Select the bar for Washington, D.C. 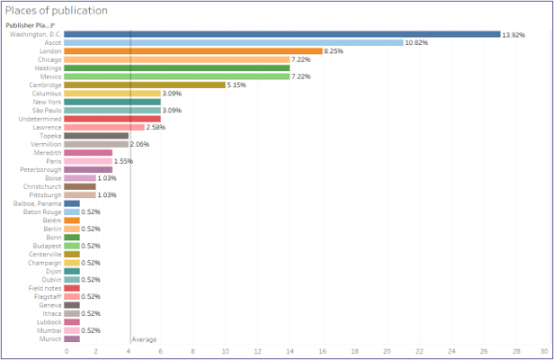point(282,34)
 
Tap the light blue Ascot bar point(234,42)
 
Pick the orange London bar point(193,51)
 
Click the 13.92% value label point(514,34)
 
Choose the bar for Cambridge point(145,85)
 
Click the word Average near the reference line point(145,339)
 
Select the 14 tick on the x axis point(290,352)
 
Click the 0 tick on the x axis point(66,352)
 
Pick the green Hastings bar point(177,67)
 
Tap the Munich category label point(49,338)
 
